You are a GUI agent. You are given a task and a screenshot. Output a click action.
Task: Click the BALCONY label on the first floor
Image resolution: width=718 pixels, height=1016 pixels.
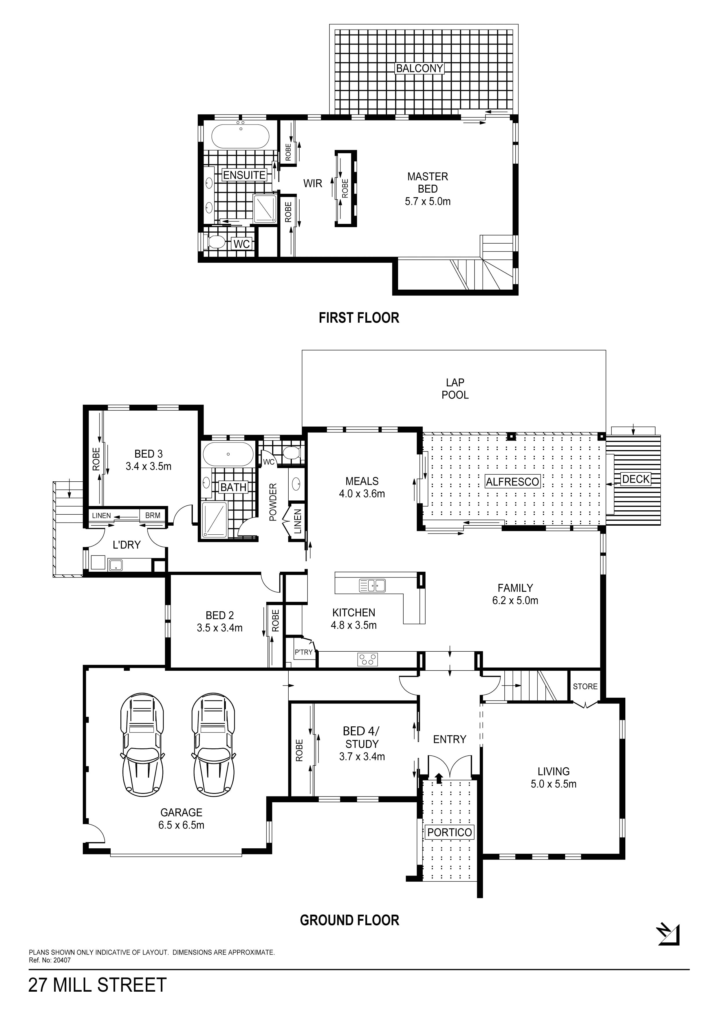[420, 68]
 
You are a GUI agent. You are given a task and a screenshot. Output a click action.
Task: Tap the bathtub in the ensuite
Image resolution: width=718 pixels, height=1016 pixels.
[240, 137]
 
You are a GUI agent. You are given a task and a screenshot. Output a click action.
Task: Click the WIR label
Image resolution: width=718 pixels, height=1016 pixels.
[313, 183]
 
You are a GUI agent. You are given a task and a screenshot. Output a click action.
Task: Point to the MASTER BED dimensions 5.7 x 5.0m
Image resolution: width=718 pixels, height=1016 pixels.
[428, 201]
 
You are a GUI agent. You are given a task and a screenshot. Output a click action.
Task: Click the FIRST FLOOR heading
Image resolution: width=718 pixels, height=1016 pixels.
[359, 318]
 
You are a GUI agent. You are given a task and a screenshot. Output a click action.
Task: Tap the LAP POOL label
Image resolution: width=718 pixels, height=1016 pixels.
[455, 388]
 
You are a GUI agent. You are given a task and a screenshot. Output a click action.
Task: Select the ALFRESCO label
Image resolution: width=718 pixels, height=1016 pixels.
[513, 481]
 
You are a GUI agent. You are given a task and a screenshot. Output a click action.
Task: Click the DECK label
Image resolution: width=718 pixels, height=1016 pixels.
[636, 479]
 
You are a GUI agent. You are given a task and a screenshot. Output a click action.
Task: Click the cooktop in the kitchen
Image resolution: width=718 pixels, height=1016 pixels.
[368, 659]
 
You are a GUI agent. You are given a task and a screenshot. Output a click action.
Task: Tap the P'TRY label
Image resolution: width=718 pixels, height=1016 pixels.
[303, 652]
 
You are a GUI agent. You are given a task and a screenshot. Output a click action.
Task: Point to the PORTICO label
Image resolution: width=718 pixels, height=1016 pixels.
[449, 832]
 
